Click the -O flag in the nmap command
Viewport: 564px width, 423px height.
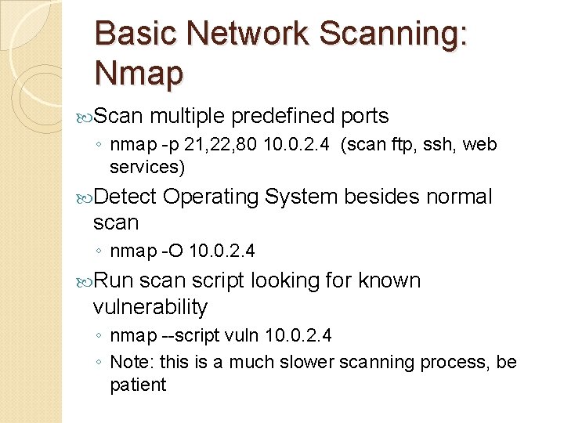[172, 251]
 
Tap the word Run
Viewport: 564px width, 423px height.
[114, 280]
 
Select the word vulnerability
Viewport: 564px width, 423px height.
[150, 306]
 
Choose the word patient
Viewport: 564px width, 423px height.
[138, 385]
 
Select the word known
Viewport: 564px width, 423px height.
[389, 280]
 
